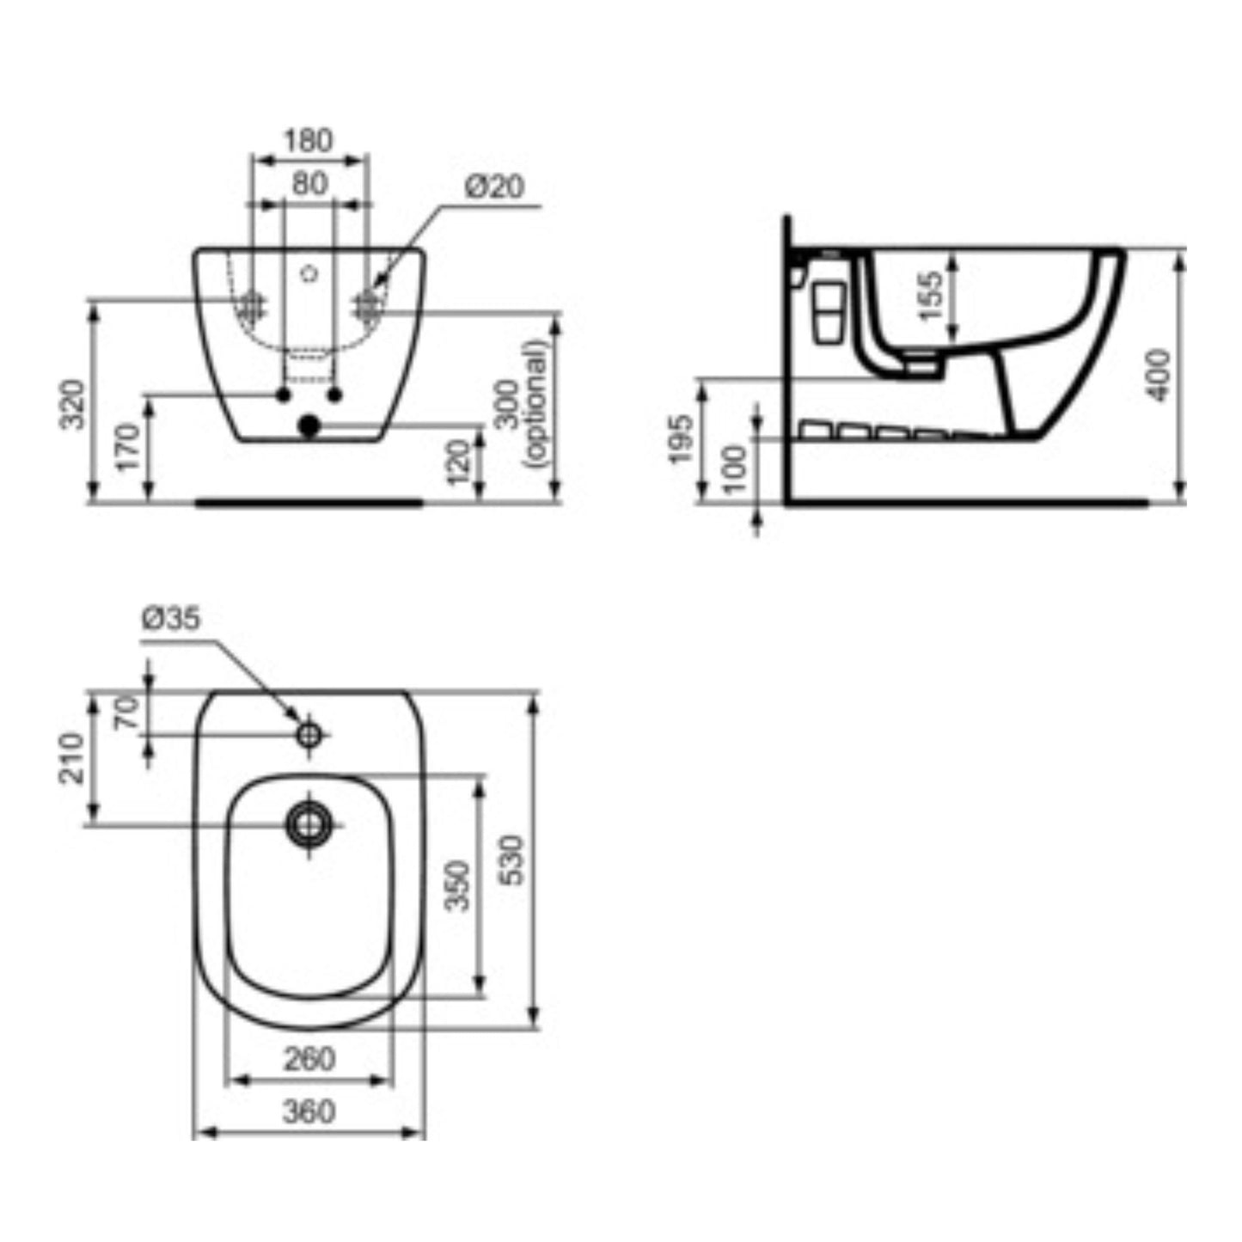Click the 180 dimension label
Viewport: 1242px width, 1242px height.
coord(309,141)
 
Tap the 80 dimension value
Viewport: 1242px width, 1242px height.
coord(310,184)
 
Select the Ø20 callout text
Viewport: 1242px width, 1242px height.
coord(494,187)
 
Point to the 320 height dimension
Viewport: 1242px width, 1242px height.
coord(71,405)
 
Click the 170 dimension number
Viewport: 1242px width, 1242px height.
coord(128,447)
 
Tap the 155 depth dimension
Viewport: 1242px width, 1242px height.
coord(930,296)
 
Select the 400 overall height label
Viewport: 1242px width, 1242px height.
coord(1159,375)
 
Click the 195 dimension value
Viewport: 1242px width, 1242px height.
coord(681,439)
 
